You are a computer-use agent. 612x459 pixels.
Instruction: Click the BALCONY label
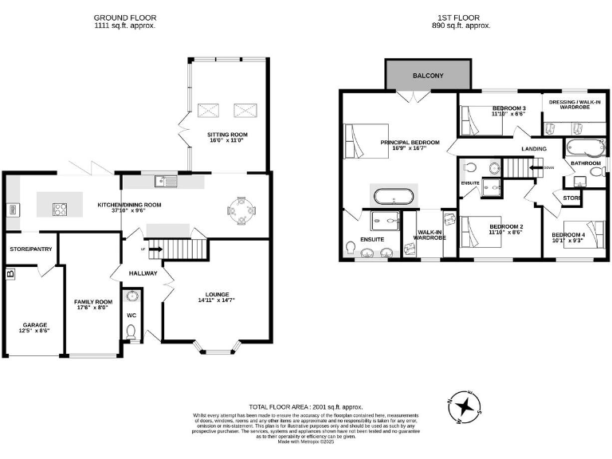click(x=428, y=76)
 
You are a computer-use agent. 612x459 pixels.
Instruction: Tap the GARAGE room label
click(x=35, y=325)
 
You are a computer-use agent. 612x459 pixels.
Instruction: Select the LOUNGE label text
click(x=216, y=296)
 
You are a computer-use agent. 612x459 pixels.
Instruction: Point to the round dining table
click(x=241, y=209)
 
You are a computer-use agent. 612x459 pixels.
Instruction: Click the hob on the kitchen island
click(x=60, y=210)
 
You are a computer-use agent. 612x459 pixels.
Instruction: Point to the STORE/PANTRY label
click(x=30, y=249)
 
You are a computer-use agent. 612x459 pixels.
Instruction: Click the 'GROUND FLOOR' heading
click(x=125, y=17)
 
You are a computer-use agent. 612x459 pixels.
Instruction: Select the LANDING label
click(x=534, y=149)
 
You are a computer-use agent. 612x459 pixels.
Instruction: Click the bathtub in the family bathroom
click(x=585, y=147)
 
